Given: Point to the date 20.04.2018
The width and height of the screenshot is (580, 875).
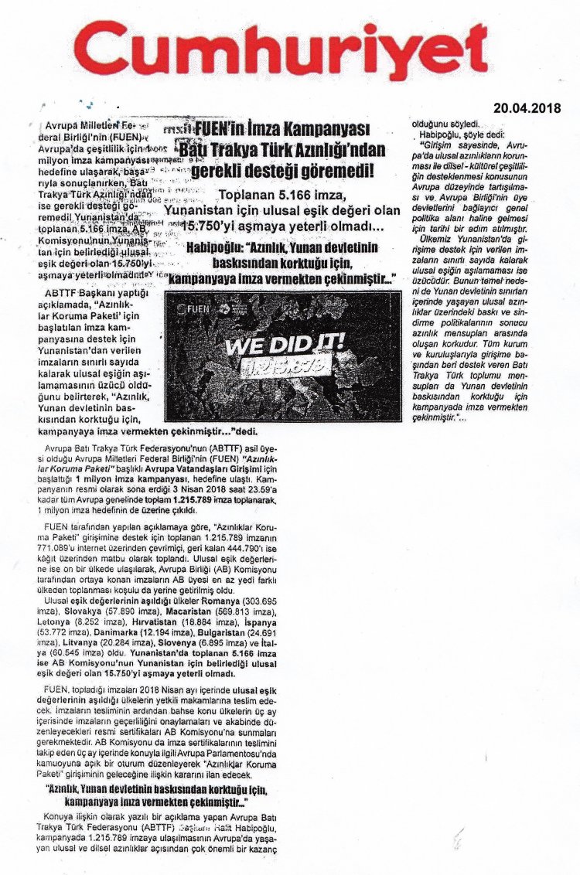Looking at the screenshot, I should pos(528,107).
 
